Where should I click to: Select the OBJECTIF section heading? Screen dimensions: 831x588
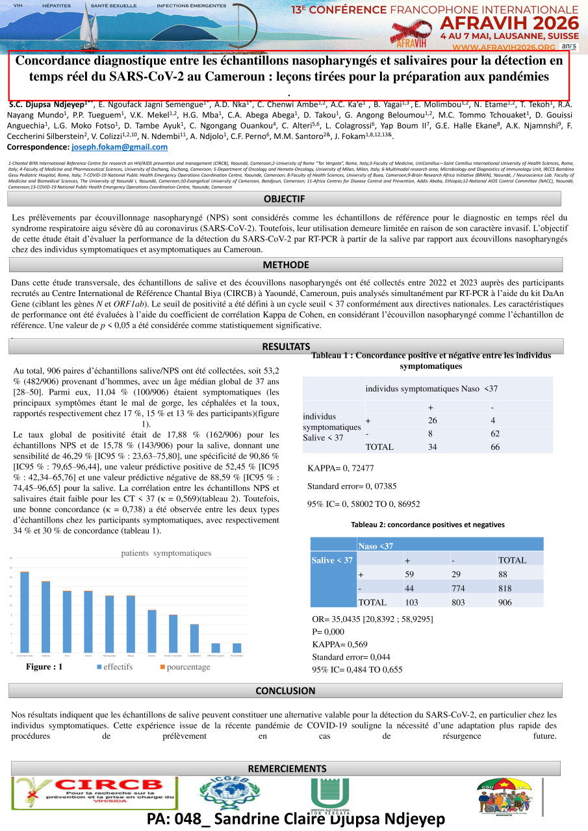(285, 198)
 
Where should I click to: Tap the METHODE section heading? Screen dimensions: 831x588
(285, 265)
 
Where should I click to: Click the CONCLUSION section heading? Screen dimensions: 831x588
(285, 691)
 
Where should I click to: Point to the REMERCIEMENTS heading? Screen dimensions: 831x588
(287, 769)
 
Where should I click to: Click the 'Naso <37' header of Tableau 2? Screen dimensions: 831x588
(376, 546)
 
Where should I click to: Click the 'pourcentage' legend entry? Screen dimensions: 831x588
(185, 667)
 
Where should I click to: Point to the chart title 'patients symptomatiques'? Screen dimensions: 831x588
(167, 553)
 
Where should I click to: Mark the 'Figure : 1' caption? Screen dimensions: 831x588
(44, 667)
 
